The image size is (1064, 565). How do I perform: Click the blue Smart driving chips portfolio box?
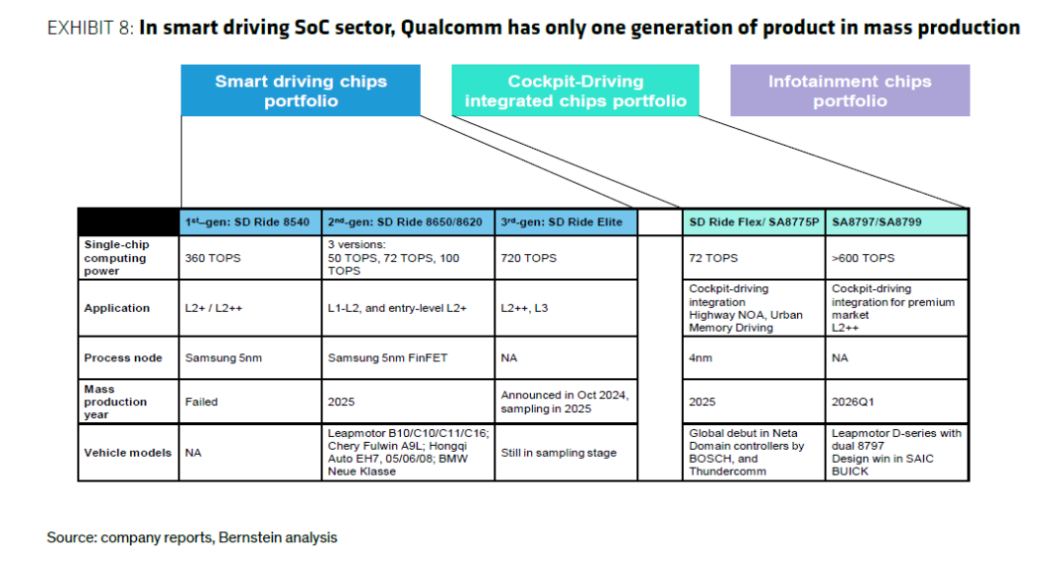click(x=300, y=91)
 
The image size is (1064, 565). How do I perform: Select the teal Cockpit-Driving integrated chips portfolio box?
click(x=575, y=91)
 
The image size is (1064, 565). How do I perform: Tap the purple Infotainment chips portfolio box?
click(x=849, y=91)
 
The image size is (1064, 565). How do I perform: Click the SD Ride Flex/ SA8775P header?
click(x=754, y=221)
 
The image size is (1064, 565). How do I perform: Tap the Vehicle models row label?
click(x=127, y=453)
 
